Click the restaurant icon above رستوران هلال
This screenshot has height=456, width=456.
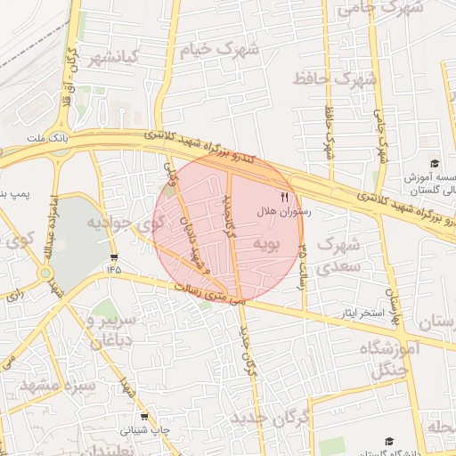point(285,197)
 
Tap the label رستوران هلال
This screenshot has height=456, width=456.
point(284,213)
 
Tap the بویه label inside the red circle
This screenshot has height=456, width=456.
point(267,242)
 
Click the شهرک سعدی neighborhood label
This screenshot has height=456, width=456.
point(338,254)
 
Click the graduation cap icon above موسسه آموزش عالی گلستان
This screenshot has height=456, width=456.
point(434,163)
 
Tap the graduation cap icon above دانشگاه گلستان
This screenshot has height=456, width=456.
point(389,441)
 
